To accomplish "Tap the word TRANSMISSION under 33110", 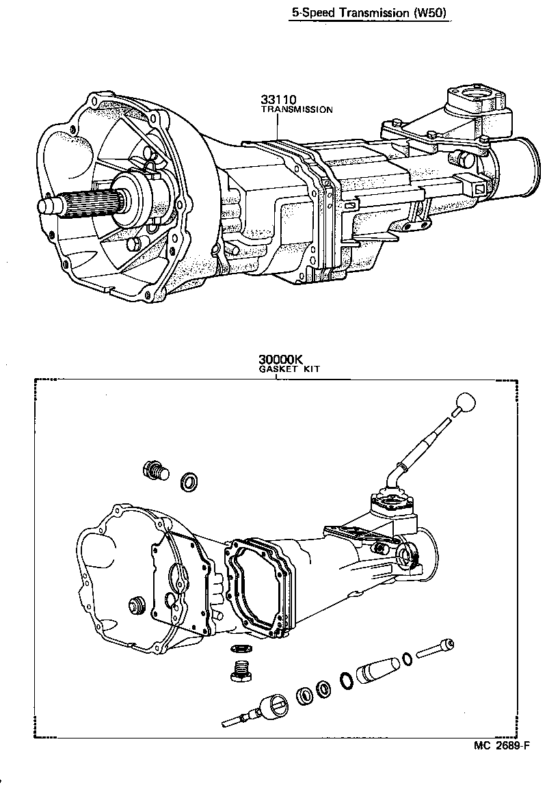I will pos(297,109).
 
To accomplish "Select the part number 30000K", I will pos(280,359).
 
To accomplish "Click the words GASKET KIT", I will pos(289,369).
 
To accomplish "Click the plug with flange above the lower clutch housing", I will pos(155,471).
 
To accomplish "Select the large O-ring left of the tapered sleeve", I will pos(347,681).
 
